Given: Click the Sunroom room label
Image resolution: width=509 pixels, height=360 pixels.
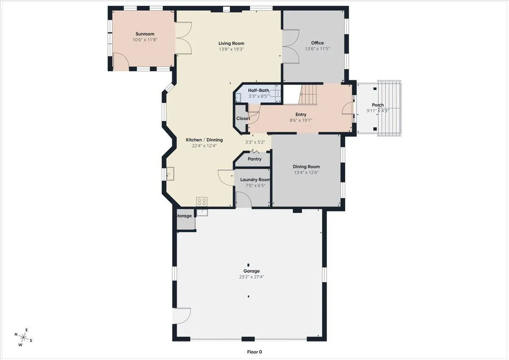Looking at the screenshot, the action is coord(145,34).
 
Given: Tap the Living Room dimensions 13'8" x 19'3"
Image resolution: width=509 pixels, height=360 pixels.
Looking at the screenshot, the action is coord(231,49).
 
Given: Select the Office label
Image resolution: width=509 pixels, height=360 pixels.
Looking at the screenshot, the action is coord(317,43).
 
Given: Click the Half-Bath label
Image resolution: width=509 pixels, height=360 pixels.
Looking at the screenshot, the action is coord(259,90).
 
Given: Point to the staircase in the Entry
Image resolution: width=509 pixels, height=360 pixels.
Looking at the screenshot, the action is coord(308,95).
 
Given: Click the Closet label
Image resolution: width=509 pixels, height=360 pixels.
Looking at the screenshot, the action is coord(243,118).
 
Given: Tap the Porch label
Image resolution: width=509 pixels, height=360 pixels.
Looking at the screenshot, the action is coord(378,105).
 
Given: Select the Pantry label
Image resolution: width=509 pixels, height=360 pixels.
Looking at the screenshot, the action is coord(255,159).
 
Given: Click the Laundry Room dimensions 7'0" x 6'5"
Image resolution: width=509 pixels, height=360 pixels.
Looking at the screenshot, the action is coord(255,186).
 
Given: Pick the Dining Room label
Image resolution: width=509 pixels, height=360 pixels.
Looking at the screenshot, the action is coord(306,166).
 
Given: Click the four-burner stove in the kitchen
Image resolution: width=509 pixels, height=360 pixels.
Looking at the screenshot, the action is coord(202,202).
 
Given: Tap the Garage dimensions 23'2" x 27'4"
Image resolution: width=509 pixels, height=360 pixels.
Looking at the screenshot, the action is coord(251,277).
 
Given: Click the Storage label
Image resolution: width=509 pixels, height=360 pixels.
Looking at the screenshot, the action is coord(184,216).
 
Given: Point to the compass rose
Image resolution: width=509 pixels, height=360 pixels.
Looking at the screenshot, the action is coord(23,337).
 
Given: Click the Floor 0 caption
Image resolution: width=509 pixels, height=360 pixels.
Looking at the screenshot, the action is coord(255,352).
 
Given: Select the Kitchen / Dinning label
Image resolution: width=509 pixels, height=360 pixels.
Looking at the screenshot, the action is coord(204,140).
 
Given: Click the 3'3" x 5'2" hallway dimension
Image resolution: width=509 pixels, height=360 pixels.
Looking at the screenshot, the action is coord(255,142).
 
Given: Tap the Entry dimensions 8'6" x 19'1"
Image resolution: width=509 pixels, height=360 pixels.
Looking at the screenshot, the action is coord(301,120).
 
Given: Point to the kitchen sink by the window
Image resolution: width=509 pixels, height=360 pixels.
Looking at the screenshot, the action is coord(170,174).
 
